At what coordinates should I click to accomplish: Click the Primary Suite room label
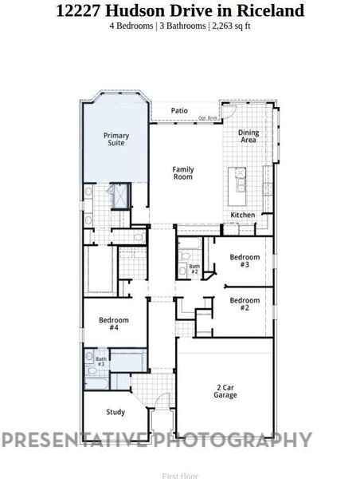[116, 139]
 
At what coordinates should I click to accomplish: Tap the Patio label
[179, 110]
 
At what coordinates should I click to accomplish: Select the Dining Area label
[248, 136]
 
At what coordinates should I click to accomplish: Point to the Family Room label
[184, 172]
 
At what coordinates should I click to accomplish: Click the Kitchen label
[243, 216]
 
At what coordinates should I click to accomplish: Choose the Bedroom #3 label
[245, 260]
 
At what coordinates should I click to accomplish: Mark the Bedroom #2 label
[245, 303]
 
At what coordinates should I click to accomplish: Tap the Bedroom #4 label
[114, 323]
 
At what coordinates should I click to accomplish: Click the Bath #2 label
[194, 269]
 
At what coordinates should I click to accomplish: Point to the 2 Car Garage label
[225, 391]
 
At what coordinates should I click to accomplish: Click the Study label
[115, 412]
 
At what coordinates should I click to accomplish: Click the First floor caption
[180, 475]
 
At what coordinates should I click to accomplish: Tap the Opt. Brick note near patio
[209, 118]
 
